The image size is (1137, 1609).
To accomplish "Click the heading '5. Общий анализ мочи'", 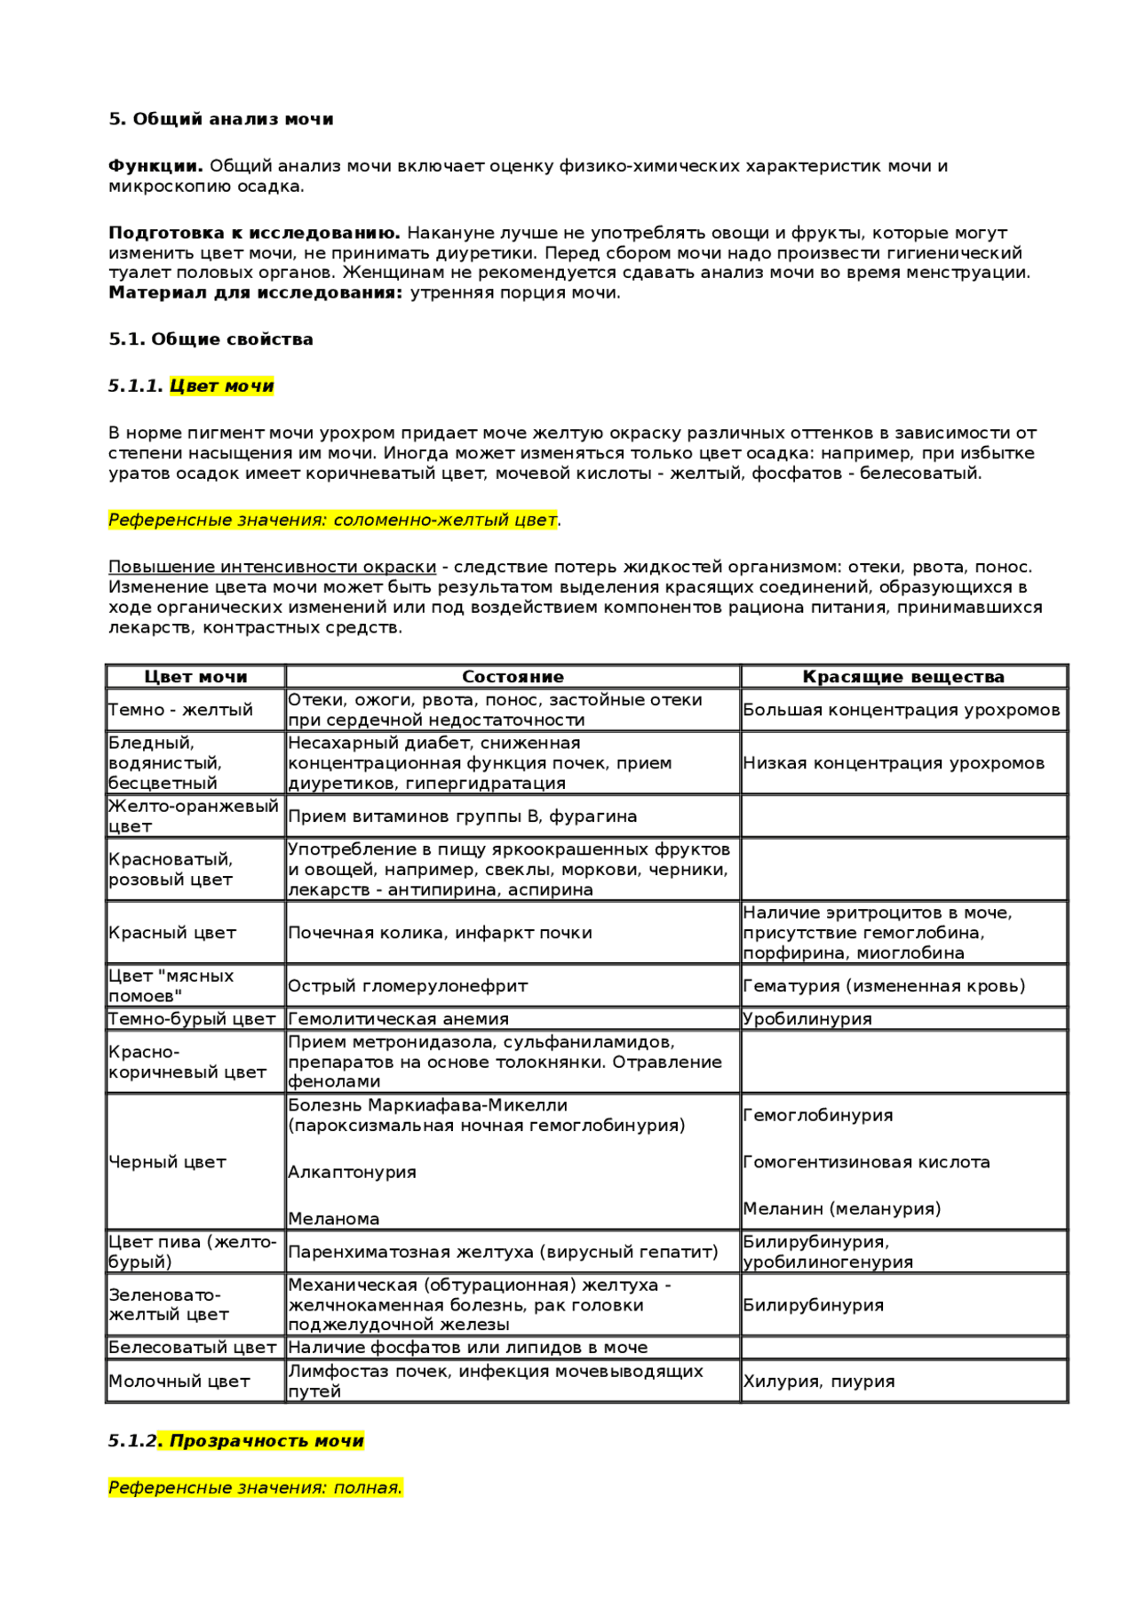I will point(220,119).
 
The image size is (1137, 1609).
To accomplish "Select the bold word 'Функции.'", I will point(155,166).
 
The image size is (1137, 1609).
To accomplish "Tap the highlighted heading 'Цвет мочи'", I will point(222,386).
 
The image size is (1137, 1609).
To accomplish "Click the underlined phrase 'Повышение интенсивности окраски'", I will point(272,567).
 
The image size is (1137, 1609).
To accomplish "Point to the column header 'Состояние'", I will point(513,677).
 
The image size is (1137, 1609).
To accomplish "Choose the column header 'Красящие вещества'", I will point(903,677).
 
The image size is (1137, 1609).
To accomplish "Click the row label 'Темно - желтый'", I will point(180,710).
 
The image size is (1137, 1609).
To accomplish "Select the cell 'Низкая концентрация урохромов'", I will point(894,763).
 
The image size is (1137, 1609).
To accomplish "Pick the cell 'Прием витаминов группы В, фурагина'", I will point(462,816).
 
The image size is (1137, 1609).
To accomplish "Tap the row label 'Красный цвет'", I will point(172,933).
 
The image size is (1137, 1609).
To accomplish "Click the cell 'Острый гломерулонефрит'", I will point(408,986).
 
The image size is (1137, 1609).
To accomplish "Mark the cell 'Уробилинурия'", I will point(807,1019).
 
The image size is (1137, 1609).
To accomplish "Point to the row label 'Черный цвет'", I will point(167,1162).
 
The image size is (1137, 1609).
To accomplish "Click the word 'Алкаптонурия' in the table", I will point(352,1173).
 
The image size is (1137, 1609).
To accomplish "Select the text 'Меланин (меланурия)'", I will point(841,1209).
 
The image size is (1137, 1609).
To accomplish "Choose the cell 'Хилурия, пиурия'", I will point(819,1382).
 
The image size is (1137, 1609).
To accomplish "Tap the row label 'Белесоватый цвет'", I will point(192,1348).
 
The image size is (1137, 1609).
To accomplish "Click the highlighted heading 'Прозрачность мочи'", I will point(266,1441).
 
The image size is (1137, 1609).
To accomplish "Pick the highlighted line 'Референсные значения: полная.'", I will point(255,1487).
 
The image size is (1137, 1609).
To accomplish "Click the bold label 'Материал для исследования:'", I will point(256,293).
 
